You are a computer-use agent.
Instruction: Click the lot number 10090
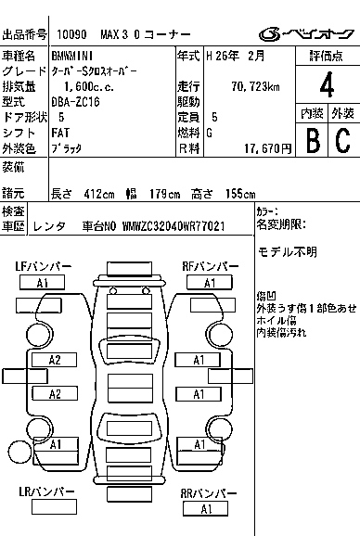tap(71, 34)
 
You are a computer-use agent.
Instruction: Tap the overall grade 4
tap(327, 84)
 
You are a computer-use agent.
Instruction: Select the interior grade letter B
tap(313, 140)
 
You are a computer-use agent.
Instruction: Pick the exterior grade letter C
tap(343, 140)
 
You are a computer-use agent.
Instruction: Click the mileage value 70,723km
tap(255, 86)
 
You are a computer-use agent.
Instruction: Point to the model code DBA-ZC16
tap(75, 101)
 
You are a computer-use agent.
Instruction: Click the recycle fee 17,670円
tap(268, 148)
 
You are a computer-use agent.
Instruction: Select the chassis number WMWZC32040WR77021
tap(174, 226)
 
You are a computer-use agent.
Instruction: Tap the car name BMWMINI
tap(72, 56)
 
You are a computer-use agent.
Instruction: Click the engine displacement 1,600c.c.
tap(89, 86)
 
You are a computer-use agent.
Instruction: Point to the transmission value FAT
tap(60, 133)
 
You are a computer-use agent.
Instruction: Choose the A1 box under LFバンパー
tap(42, 283)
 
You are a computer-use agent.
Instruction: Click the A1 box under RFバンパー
tap(210, 283)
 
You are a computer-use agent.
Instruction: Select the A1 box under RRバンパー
tap(205, 509)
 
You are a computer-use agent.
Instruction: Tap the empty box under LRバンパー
tap(54, 506)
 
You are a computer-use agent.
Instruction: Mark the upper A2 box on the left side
tap(54, 360)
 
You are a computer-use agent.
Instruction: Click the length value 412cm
tap(99, 194)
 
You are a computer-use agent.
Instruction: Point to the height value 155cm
tap(240, 194)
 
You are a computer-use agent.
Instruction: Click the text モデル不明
tap(288, 252)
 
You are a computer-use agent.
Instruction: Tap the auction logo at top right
tap(306, 34)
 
